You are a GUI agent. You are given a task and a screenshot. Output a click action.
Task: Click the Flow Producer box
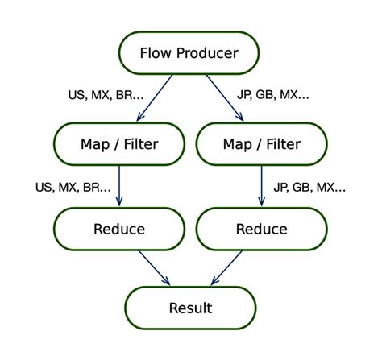(x=189, y=53)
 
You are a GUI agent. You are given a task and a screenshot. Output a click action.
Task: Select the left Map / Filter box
(x=119, y=144)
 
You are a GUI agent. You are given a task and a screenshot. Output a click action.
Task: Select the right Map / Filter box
(x=261, y=144)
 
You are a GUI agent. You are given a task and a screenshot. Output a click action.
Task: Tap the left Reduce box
(x=119, y=229)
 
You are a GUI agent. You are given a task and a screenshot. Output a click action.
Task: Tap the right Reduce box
(x=261, y=229)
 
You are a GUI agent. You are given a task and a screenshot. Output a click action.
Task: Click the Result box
(x=190, y=308)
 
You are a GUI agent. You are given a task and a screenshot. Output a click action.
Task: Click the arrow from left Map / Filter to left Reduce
(x=119, y=185)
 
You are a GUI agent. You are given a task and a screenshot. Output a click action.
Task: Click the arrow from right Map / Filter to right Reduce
(x=261, y=185)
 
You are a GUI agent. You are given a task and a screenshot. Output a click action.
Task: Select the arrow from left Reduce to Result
(x=154, y=267)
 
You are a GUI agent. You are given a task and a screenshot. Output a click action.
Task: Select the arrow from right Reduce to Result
(x=226, y=267)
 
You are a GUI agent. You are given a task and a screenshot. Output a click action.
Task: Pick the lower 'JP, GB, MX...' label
(x=309, y=187)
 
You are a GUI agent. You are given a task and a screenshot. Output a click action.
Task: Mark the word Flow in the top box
(x=156, y=53)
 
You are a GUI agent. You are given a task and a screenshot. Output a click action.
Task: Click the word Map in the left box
(x=96, y=144)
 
